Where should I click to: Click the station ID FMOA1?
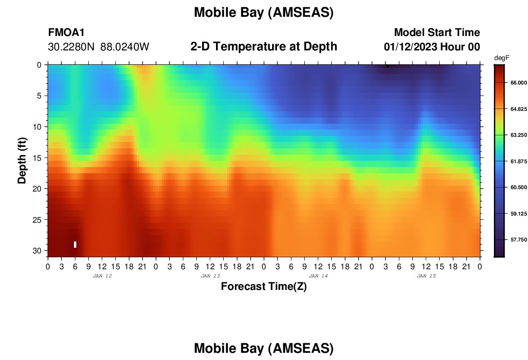coord(66,33)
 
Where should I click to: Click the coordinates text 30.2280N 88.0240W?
coord(98,47)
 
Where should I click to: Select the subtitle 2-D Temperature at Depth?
coord(264,47)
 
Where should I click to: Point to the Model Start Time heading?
coord(437,33)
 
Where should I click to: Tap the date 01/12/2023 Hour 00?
coord(432,47)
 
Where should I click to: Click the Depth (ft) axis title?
coord(22,161)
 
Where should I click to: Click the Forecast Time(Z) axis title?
coord(264,286)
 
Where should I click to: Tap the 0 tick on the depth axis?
coord(39,65)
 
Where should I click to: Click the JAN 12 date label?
coord(102,276)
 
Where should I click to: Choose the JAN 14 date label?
coord(318,276)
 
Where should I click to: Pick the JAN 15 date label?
coord(426,276)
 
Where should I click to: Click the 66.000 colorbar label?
coord(518,83)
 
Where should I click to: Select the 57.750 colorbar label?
coord(518,240)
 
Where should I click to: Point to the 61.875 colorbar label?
coord(518,161)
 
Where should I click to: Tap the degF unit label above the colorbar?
coord(502,58)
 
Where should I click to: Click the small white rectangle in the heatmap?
coord(75,244)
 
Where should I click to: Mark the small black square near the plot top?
coord(387,66)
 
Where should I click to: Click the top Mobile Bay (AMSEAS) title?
coord(264,12)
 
